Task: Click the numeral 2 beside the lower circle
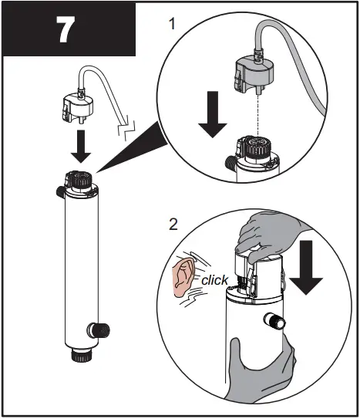174,225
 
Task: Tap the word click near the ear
214,280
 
